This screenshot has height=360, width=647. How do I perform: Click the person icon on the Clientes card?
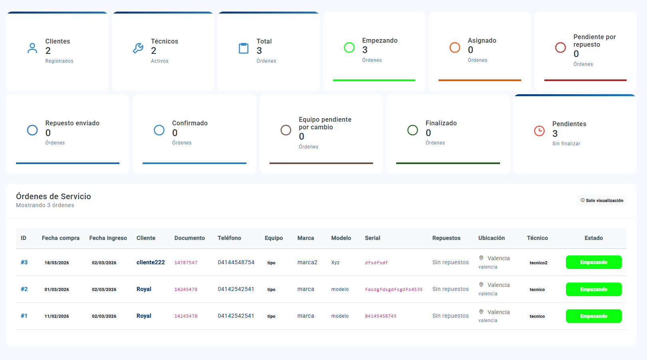(x=32, y=48)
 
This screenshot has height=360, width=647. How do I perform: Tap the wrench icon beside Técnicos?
(x=138, y=48)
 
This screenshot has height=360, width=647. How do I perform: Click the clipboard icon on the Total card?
(x=244, y=48)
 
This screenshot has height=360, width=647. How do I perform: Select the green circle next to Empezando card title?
(x=349, y=47)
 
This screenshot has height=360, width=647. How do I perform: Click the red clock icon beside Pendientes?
(x=539, y=131)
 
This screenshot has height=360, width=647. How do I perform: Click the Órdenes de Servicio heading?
(x=54, y=196)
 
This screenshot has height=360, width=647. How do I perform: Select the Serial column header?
(x=372, y=238)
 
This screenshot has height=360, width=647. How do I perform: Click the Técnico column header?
(x=537, y=238)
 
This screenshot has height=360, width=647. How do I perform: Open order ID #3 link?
(x=24, y=262)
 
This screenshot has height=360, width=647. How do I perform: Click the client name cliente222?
(x=151, y=262)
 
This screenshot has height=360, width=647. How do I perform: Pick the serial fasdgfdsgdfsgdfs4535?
(x=393, y=289)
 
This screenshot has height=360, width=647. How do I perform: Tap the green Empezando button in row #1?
(x=593, y=316)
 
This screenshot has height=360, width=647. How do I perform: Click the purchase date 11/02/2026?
(x=57, y=316)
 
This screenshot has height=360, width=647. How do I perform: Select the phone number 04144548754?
(x=236, y=262)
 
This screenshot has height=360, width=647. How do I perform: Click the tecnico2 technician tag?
(x=538, y=263)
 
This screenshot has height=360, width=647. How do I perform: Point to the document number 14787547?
(x=186, y=263)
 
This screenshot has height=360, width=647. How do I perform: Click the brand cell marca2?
(x=307, y=262)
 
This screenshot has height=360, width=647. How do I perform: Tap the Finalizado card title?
(x=441, y=123)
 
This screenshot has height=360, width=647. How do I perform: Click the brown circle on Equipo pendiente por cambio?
(x=286, y=130)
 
